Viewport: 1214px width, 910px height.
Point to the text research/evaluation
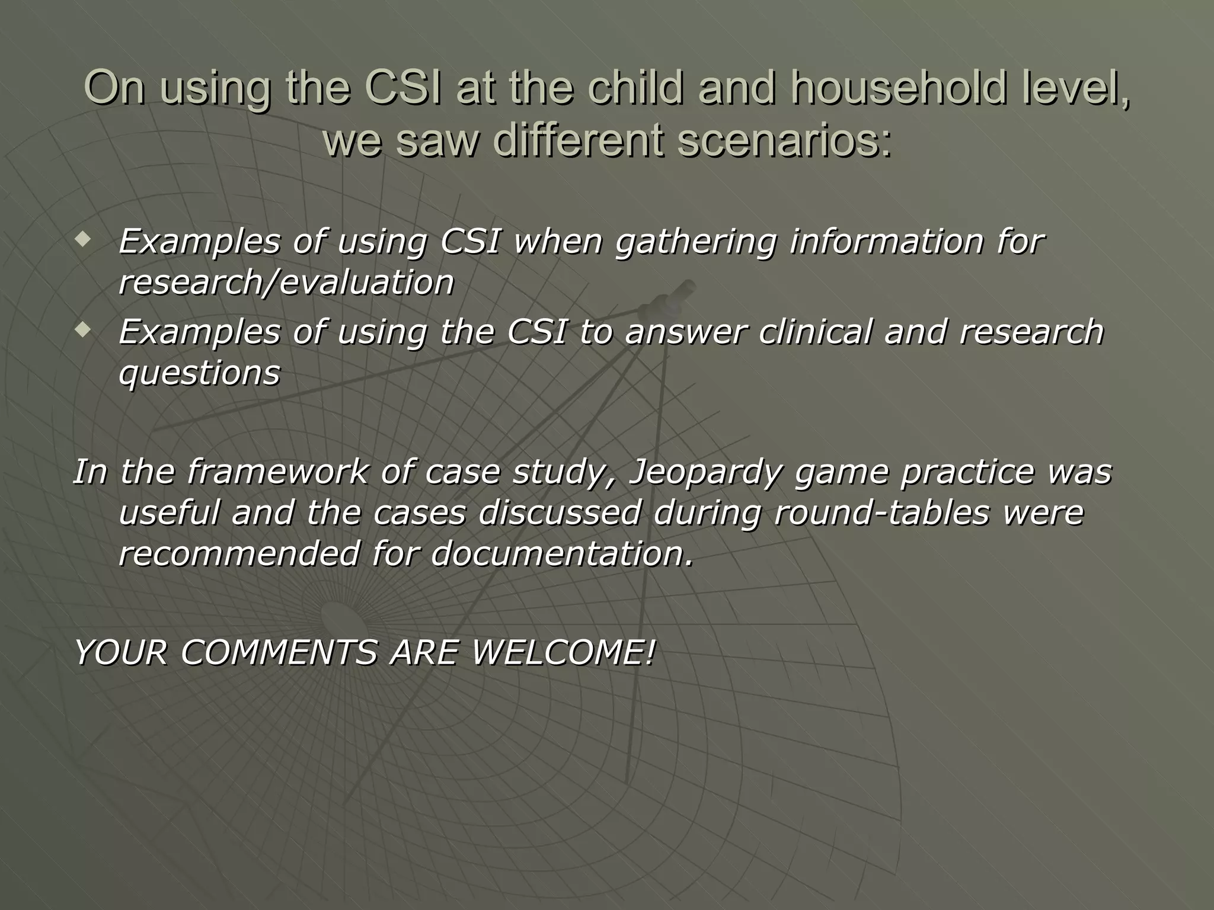pyautogui.click(x=286, y=283)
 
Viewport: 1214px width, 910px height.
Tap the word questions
pyautogui.click(x=199, y=374)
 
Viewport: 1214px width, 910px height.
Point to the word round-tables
pyautogui.click(x=881, y=512)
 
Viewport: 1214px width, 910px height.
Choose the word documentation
pyautogui.click(x=561, y=554)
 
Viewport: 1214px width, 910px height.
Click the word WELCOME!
pyautogui.click(x=563, y=653)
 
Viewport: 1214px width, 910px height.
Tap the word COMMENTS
pyautogui.click(x=279, y=653)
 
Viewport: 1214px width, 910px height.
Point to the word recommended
pyautogui.click(x=239, y=554)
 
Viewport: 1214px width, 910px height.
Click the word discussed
pyautogui.click(x=559, y=512)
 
